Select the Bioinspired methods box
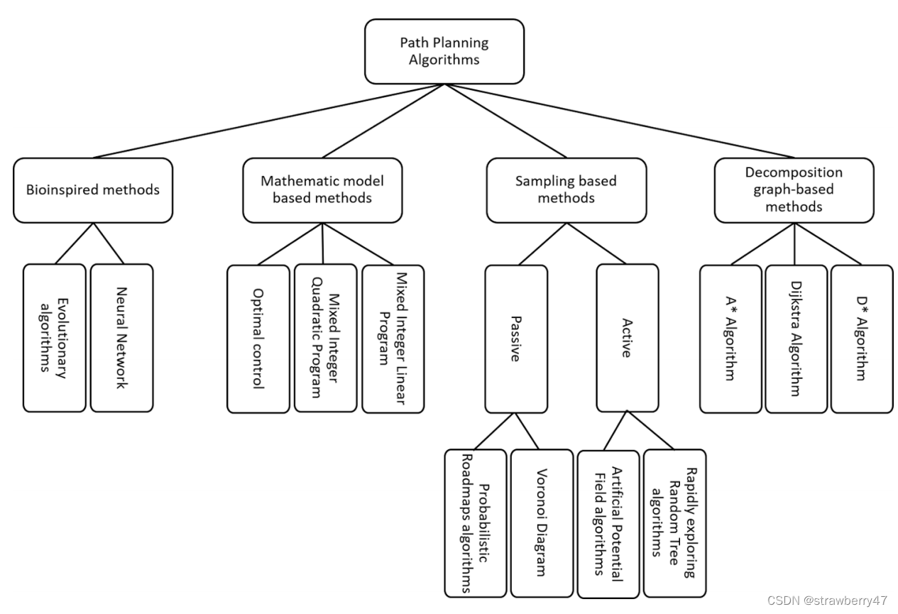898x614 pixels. point(93,190)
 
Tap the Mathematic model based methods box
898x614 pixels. point(322,190)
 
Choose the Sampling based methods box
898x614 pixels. point(566,190)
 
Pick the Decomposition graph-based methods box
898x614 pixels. point(794,190)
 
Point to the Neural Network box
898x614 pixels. point(121,338)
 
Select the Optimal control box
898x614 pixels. point(258,339)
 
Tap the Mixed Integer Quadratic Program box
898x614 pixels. point(325,338)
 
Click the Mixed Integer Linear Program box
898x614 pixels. point(393,339)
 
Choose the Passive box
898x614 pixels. point(516,339)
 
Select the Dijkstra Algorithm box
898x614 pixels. point(796,339)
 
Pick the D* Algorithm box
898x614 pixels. point(862,339)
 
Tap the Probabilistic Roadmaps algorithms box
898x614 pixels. point(475,522)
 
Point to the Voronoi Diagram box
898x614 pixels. point(541,522)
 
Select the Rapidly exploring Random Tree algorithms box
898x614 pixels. point(674,522)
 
